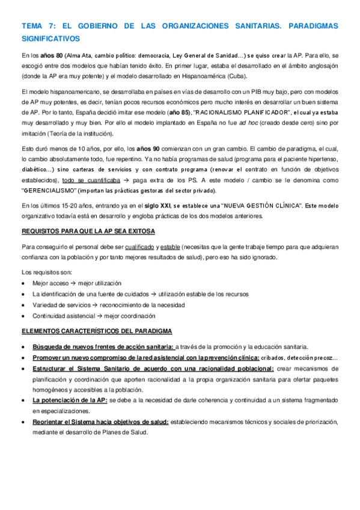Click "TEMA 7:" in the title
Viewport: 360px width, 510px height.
(37, 26)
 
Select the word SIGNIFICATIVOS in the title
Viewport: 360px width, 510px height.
(50, 38)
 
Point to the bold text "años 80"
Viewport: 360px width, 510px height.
(51, 56)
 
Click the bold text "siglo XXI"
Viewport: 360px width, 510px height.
(162, 206)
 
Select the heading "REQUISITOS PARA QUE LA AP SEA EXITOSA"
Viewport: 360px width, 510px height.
(88, 231)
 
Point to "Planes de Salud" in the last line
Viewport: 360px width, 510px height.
(126, 416)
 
